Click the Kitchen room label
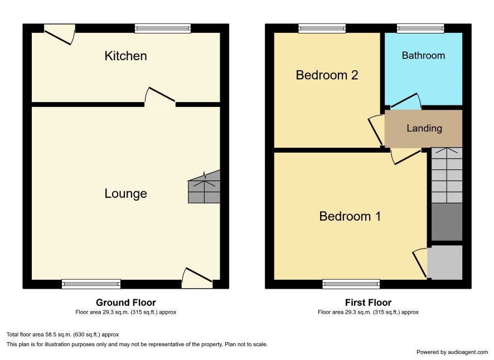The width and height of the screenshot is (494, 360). click(125, 56)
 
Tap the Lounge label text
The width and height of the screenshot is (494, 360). click(125, 194)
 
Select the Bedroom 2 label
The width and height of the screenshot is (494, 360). click(327, 75)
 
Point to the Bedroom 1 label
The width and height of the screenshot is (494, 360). click(350, 216)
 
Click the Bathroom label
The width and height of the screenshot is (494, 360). click(423, 56)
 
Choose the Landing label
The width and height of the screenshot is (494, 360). click(424, 128)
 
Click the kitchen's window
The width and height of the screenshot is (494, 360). click(163, 28)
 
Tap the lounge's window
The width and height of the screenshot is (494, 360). click(91, 284)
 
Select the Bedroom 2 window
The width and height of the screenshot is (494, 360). click(322, 28)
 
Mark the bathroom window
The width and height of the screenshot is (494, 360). click(420, 28)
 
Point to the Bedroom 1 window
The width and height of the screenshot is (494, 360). click(351, 284)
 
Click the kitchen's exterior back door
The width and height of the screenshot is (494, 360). click(60, 35)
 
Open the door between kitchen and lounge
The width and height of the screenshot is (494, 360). click(159, 95)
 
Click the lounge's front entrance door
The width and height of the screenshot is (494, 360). click(197, 277)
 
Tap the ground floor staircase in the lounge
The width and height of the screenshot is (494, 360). click(204, 187)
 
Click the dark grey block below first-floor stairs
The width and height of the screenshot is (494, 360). click(447, 222)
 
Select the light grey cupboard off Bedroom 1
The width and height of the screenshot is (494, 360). click(445, 262)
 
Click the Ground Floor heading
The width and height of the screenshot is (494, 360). click(126, 303)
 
